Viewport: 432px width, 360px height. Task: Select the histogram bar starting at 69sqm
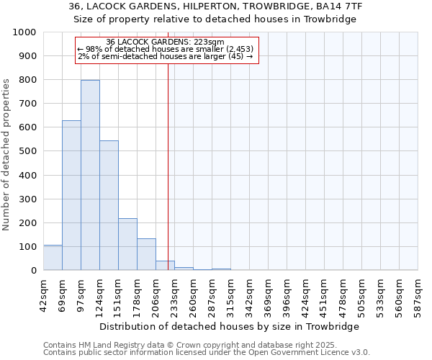click(71, 195)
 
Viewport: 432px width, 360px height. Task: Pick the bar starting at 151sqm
click(127, 244)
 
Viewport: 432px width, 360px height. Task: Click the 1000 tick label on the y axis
click(24, 32)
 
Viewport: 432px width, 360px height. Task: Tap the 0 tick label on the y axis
click(34, 271)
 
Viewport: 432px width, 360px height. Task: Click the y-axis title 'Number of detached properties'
click(7, 165)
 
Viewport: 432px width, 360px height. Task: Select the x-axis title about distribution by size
click(230, 326)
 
